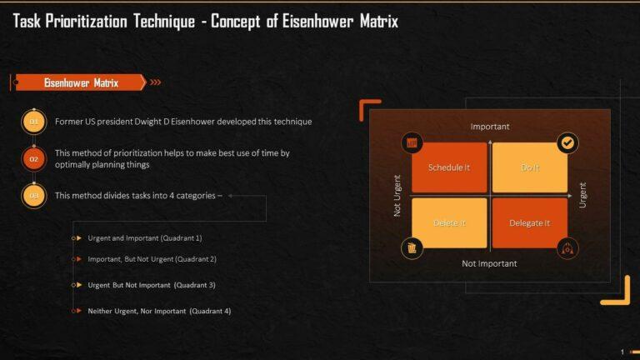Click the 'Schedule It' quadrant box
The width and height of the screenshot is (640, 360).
click(x=449, y=167)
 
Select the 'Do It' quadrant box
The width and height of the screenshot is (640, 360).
click(x=530, y=167)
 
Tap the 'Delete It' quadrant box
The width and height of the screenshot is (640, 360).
click(x=449, y=222)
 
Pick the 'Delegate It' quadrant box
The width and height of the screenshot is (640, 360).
click(x=530, y=222)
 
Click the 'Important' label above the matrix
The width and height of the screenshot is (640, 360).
click(x=490, y=127)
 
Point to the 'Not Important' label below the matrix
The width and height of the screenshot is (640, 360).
click(x=489, y=263)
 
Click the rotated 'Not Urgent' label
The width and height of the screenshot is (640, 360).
click(x=397, y=195)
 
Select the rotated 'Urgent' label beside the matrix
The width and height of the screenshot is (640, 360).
click(x=582, y=195)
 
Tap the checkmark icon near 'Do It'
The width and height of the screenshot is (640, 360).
click(x=567, y=142)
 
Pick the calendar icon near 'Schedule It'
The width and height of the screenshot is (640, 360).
click(x=411, y=142)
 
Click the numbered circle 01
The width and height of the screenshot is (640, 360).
click(x=34, y=122)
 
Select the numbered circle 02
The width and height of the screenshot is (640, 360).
click(x=34, y=158)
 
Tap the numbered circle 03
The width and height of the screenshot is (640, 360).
click(x=34, y=196)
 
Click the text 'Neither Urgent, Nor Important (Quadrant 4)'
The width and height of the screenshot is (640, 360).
click(x=159, y=311)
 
